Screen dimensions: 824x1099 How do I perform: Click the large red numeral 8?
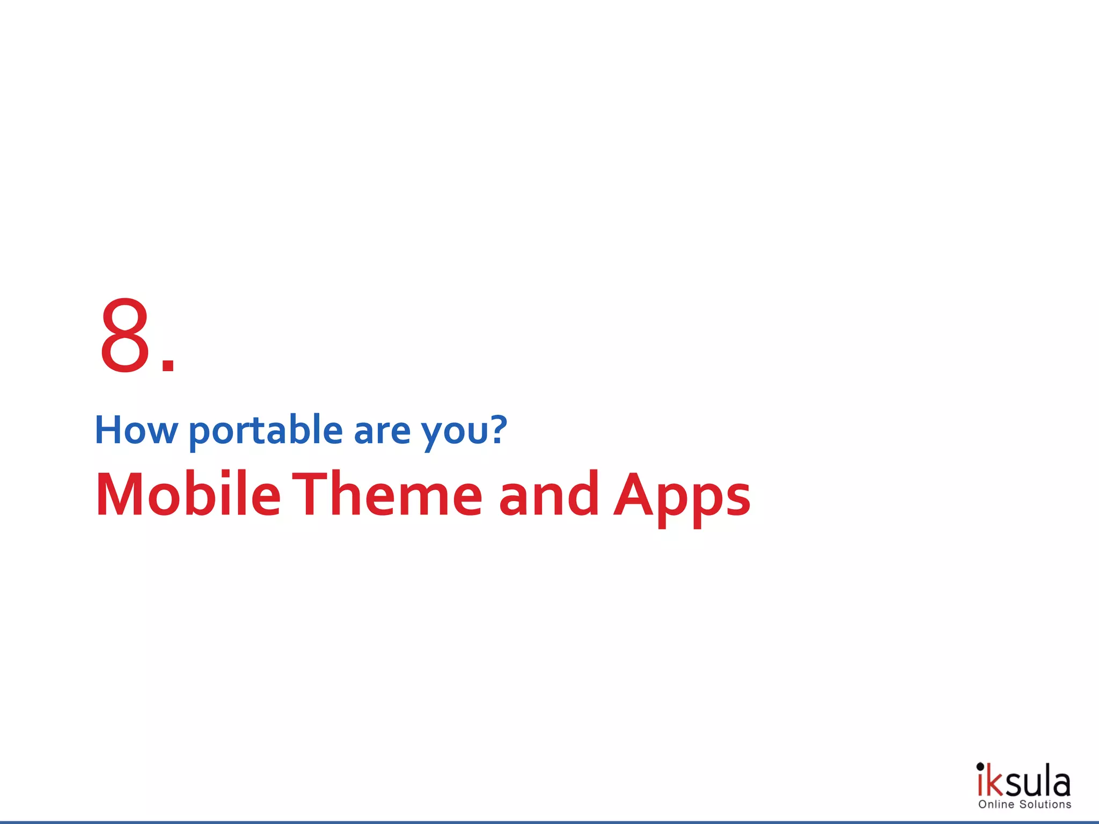tap(125, 335)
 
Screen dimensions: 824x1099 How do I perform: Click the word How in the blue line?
tap(136, 430)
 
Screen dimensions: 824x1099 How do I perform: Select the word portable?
tap(266, 431)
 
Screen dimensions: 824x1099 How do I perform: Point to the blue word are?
tap(382, 431)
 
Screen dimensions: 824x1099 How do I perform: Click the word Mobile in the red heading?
tap(188, 495)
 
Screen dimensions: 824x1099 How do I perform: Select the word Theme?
tap(391, 495)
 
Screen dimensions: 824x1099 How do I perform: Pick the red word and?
tap(548, 495)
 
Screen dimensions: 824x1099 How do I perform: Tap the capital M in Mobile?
tap(119, 495)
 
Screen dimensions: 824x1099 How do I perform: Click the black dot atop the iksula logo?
tap(980, 766)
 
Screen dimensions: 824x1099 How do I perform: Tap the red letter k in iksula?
tap(994, 784)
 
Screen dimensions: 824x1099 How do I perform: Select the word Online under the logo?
tap(996, 805)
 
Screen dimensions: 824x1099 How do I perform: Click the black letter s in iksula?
tap(1013, 786)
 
